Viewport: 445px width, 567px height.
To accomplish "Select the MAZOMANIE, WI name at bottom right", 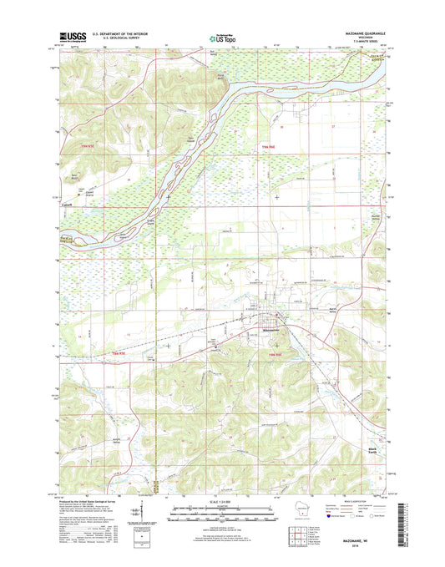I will pyautogui.click(x=354, y=544).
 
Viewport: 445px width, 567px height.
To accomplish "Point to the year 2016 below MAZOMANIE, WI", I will pyautogui.click(x=354, y=551).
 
